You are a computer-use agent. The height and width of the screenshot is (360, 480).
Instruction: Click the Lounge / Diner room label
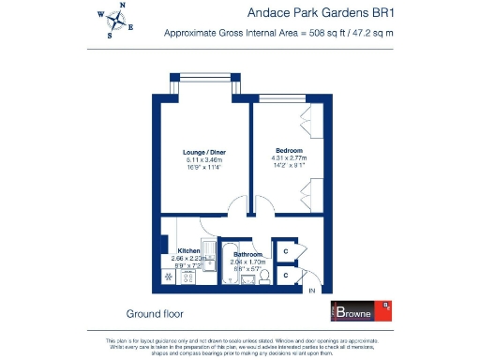[204, 152]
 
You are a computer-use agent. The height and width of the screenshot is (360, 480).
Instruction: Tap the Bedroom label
[289, 151]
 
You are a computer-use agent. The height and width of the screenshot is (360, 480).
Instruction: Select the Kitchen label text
[190, 250]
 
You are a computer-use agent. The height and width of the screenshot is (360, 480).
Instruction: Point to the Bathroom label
[247, 254]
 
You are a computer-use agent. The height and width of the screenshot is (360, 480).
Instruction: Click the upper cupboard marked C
[286, 251]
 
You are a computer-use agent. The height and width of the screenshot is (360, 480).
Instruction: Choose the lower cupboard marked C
[286, 276]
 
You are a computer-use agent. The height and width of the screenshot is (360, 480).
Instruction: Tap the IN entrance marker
[312, 291]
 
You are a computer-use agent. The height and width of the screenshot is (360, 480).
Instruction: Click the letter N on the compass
[122, 7]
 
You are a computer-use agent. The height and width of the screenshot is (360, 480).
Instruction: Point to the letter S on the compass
[110, 37]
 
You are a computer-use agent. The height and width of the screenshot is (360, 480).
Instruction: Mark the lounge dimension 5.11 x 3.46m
[204, 160]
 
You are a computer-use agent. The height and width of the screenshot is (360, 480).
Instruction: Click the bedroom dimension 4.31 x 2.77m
[289, 159]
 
